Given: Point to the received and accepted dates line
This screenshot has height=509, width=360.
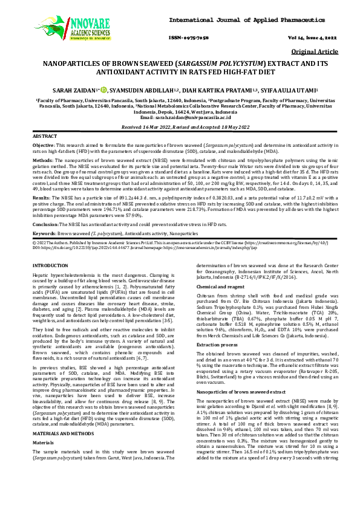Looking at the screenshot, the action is (180, 128).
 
